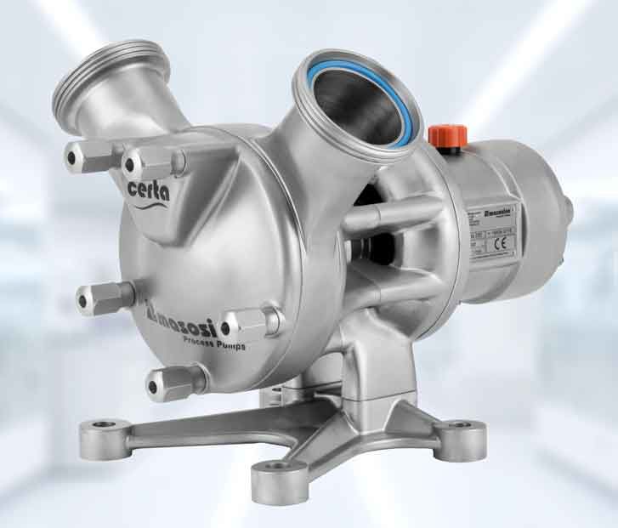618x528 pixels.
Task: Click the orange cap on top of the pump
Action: tap(443, 137)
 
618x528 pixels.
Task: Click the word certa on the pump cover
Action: tap(150, 189)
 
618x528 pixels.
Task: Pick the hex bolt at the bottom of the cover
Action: tap(170, 383)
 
